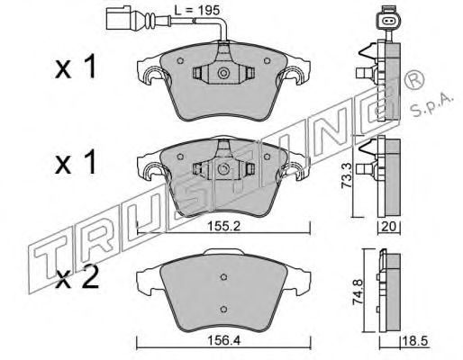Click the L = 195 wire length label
point(197,11)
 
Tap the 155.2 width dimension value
point(224,226)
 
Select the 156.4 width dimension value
point(224,340)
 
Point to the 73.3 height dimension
point(347,178)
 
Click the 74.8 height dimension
point(359,292)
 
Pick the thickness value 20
point(389,227)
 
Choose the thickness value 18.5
point(415,341)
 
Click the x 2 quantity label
point(77,278)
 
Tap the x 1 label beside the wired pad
point(76,67)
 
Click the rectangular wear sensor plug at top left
point(118,19)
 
